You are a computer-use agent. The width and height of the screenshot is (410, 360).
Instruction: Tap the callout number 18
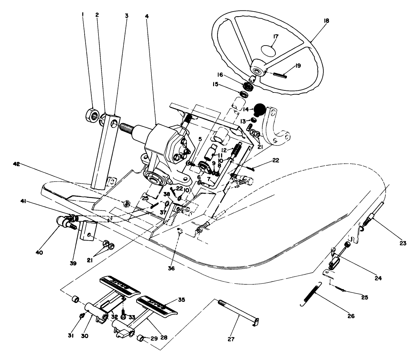(326, 21)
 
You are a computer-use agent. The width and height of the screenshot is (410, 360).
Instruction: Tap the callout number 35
(182, 300)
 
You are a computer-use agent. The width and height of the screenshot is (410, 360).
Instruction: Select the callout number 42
(17, 164)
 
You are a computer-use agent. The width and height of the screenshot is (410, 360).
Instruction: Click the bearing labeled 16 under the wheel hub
(248, 86)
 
